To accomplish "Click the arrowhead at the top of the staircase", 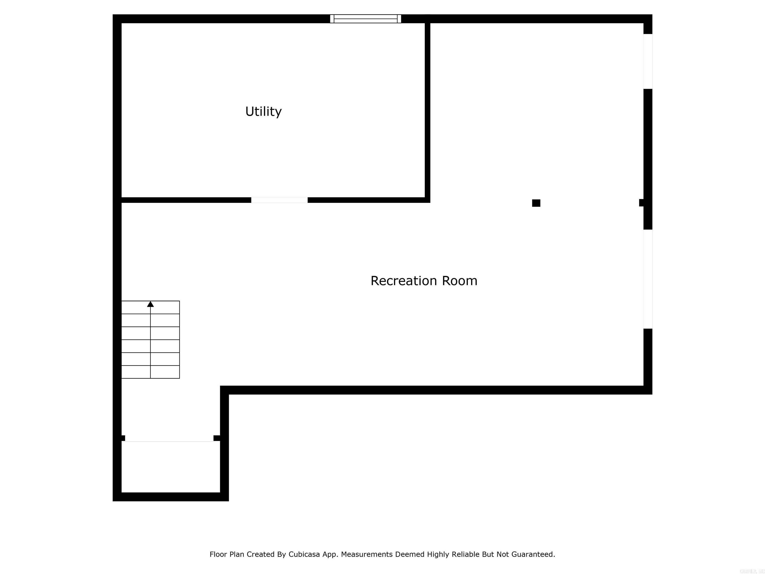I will point(150,304).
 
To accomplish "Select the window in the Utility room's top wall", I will point(366,19).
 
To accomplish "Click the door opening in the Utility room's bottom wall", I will point(279,200).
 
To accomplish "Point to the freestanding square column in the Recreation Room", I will point(536,203).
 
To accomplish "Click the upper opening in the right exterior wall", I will point(648,61).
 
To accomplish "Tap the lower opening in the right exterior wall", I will point(648,279).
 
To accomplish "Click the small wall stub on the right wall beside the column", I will point(641,203).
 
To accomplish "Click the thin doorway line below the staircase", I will point(169,441).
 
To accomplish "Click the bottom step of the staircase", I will point(150,372).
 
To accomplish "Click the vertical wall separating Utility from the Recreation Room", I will point(428,111).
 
